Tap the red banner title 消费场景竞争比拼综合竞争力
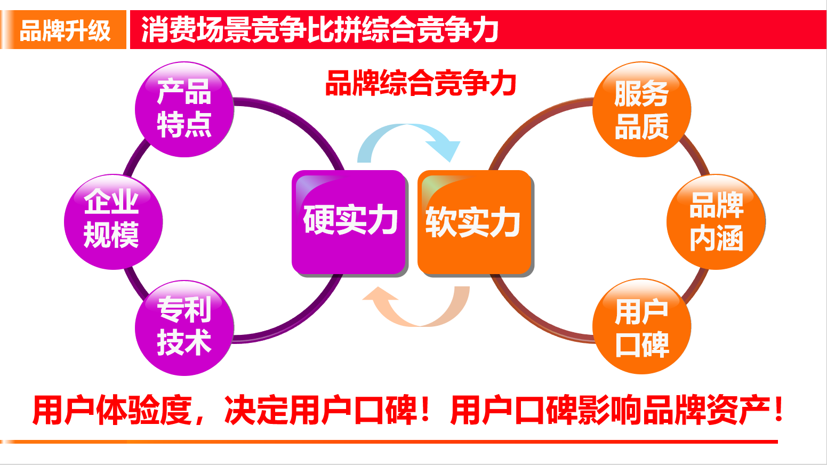click(320, 30)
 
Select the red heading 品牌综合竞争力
click(421, 84)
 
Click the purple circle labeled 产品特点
click(184, 109)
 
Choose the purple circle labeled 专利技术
click(184, 327)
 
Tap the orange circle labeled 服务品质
click(641, 109)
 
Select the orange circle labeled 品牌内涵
click(716, 221)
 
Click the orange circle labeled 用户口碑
click(641, 327)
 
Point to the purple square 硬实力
click(350, 221)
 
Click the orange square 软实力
click(474, 222)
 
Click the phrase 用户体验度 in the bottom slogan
click(112, 411)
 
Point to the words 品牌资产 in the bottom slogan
click(706, 411)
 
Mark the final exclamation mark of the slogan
click(779, 410)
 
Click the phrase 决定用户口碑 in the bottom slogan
click(320, 411)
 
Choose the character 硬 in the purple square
click(318, 220)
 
